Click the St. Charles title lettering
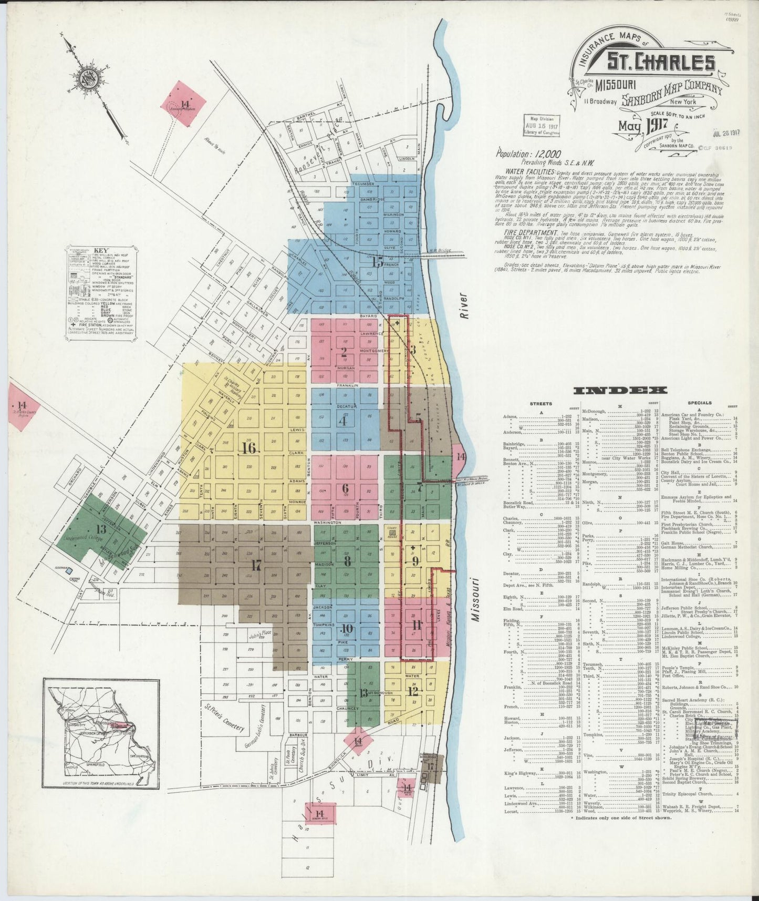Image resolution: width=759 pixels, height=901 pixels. (x=660, y=63)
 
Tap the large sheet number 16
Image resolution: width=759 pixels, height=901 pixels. (x=248, y=448)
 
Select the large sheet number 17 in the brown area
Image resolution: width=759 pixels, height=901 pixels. (x=256, y=566)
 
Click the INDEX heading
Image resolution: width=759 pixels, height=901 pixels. (x=620, y=390)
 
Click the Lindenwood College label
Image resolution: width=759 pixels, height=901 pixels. (x=80, y=539)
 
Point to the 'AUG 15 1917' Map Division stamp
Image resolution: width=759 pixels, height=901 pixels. (x=541, y=126)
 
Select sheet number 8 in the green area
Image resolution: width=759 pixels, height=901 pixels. (x=347, y=560)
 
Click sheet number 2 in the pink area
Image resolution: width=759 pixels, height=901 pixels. (x=344, y=352)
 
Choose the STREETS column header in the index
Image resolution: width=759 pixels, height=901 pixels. (x=541, y=403)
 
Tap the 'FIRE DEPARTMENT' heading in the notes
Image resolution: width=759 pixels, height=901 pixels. (x=531, y=232)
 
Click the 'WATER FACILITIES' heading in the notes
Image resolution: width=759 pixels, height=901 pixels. (x=531, y=172)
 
